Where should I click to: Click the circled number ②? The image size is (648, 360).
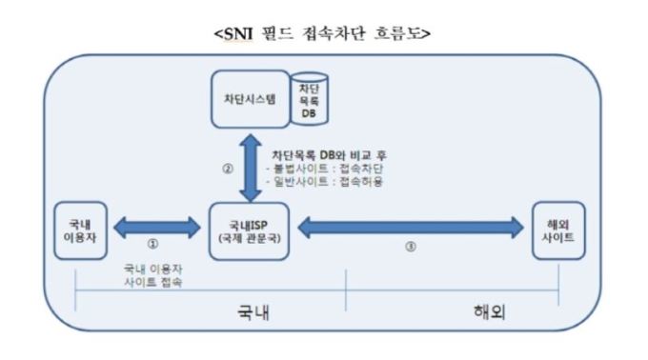tap(228, 170)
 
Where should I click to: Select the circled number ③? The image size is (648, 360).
tap(411, 245)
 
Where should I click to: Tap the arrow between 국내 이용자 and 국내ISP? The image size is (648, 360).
tap(155, 228)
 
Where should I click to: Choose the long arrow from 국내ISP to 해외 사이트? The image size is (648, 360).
tap(411, 228)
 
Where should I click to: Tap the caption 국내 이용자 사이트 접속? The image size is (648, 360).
tap(155, 276)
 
